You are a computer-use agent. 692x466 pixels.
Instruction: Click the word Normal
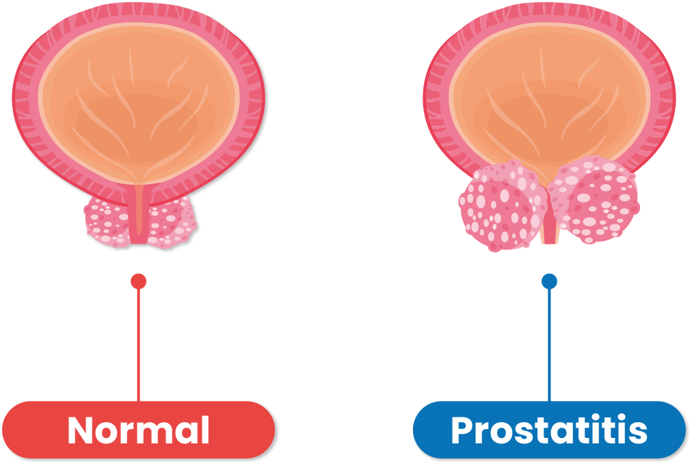click(x=138, y=430)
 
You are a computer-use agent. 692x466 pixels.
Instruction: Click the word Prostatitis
click(x=549, y=430)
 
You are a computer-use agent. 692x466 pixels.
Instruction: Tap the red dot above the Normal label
click(x=139, y=281)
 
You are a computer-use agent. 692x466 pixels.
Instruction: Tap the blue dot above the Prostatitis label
click(x=549, y=281)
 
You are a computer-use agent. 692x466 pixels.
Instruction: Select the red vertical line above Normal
click(x=139, y=342)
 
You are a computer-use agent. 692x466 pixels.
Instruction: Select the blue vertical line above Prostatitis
click(x=549, y=342)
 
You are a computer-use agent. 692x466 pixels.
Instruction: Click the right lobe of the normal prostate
click(x=171, y=220)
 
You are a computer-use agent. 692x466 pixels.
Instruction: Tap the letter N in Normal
click(x=81, y=430)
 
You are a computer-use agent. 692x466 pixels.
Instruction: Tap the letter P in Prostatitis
click(x=463, y=430)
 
